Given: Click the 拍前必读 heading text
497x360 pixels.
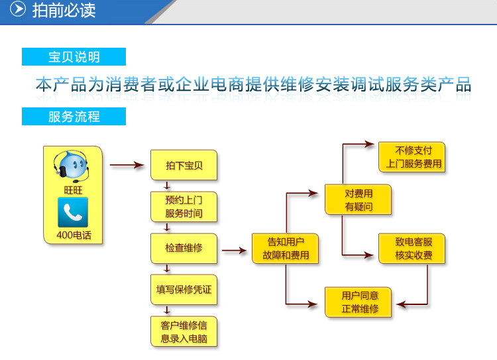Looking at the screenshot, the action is [64, 11].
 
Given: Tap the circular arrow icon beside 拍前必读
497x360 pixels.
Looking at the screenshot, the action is [20, 11].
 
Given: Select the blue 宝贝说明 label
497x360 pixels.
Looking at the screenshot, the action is [74, 57].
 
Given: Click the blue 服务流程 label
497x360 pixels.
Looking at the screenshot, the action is [74, 117].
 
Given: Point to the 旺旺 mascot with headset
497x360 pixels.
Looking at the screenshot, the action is [72, 166].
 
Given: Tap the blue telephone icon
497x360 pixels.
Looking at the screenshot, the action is [72, 212].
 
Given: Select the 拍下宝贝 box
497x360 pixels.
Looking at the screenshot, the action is [184, 166].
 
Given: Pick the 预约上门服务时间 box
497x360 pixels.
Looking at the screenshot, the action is [184, 206].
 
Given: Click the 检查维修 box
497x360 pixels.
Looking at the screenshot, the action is [184, 248].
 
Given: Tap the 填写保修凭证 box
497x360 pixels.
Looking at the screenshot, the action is [184, 289].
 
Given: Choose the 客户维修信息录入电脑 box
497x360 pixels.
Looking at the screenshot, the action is [184, 331].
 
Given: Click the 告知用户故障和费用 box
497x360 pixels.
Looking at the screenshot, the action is [285, 249].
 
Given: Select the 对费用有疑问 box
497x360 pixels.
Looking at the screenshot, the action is [359, 200].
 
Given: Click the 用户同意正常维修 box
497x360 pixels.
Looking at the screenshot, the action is [359, 302].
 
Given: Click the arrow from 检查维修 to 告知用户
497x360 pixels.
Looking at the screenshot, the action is [234, 251].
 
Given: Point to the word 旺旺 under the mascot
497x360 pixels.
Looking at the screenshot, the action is [72, 190].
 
